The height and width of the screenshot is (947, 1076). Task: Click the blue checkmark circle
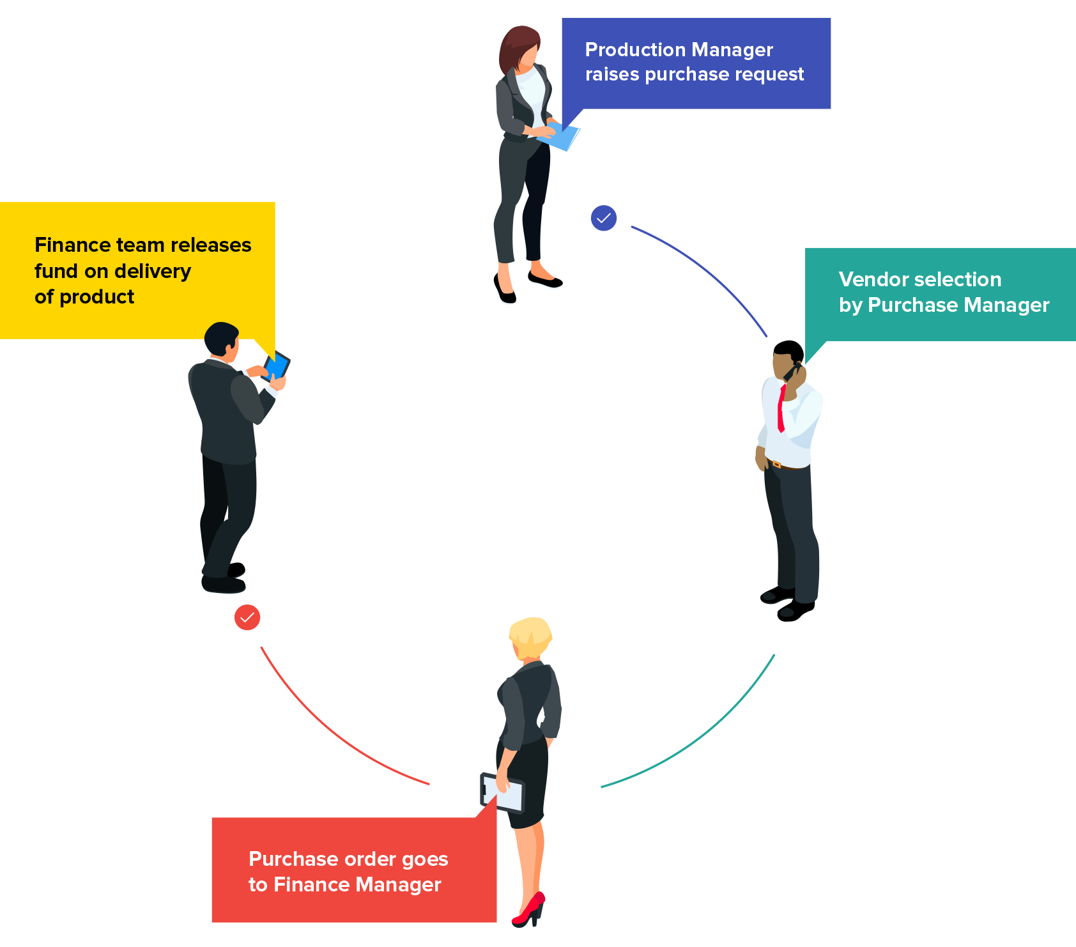(x=604, y=218)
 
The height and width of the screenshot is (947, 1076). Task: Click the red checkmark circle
(x=247, y=617)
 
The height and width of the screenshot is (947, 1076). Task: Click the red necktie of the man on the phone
(x=781, y=409)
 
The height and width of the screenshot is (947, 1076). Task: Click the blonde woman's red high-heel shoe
(x=530, y=911)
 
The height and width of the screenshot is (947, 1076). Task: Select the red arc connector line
(x=332, y=735)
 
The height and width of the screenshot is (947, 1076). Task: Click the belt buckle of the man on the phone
(x=776, y=464)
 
